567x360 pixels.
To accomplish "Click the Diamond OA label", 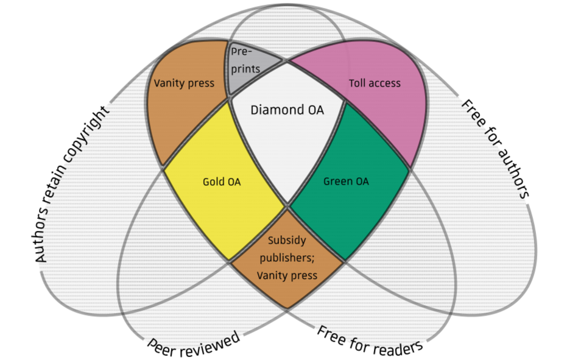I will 287,110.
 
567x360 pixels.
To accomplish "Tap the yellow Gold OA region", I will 222,183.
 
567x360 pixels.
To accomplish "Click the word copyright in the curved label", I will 92,139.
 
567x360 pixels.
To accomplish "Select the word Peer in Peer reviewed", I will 162,347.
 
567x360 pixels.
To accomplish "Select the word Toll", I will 358,83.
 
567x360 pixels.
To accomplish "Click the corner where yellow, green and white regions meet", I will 287,205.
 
